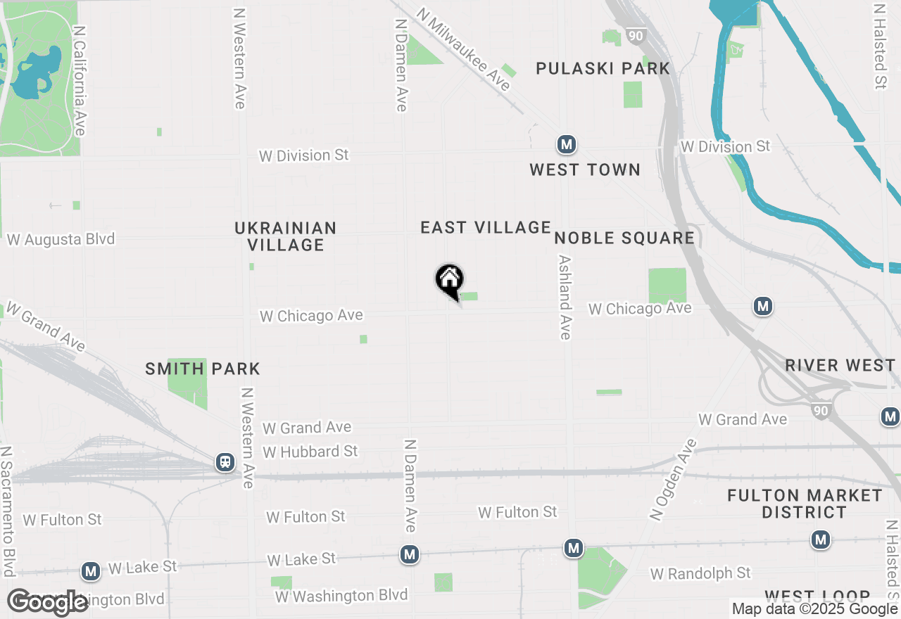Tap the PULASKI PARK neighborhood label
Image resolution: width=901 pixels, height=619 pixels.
pyautogui.click(x=603, y=68)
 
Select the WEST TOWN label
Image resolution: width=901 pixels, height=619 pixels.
pyautogui.click(x=585, y=170)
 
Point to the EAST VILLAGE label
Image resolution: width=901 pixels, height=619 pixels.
pyautogui.click(x=486, y=227)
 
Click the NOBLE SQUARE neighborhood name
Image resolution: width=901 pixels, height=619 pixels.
pyautogui.click(x=624, y=238)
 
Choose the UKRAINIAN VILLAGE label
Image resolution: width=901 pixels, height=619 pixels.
pyautogui.click(x=286, y=236)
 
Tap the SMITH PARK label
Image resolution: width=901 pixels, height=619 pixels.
pyautogui.click(x=203, y=369)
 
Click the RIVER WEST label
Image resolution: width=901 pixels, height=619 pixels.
pyautogui.click(x=840, y=365)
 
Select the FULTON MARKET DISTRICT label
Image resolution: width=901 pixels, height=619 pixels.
pyautogui.click(x=805, y=504)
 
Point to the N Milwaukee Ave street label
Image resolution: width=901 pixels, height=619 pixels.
pyautogui.click(x=462, y=49)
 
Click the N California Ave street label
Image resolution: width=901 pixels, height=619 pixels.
pyautogui.click(x=80, y=81)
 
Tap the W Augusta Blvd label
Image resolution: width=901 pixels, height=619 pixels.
pyautogui.click(x=61, y=240)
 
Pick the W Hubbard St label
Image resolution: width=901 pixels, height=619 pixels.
pyautogui.click(x=310, y=451)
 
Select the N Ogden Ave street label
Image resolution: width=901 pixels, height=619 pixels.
pyautogui.click(x=673, y=480)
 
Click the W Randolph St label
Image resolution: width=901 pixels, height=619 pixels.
pyautogui.click(x=700, y=574)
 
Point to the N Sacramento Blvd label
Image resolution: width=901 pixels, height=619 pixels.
pyautogui.click(x=8, y=510)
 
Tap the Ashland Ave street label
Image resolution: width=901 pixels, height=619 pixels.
pyautogui.click(x=565, y=297)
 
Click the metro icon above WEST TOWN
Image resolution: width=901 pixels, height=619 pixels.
pyautogui.click(x=567, y=145)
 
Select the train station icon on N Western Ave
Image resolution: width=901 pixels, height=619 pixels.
pyautogui.click(x=225, y=462)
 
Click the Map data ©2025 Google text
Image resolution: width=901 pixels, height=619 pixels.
pyautogui.click(x=814, y=609)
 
